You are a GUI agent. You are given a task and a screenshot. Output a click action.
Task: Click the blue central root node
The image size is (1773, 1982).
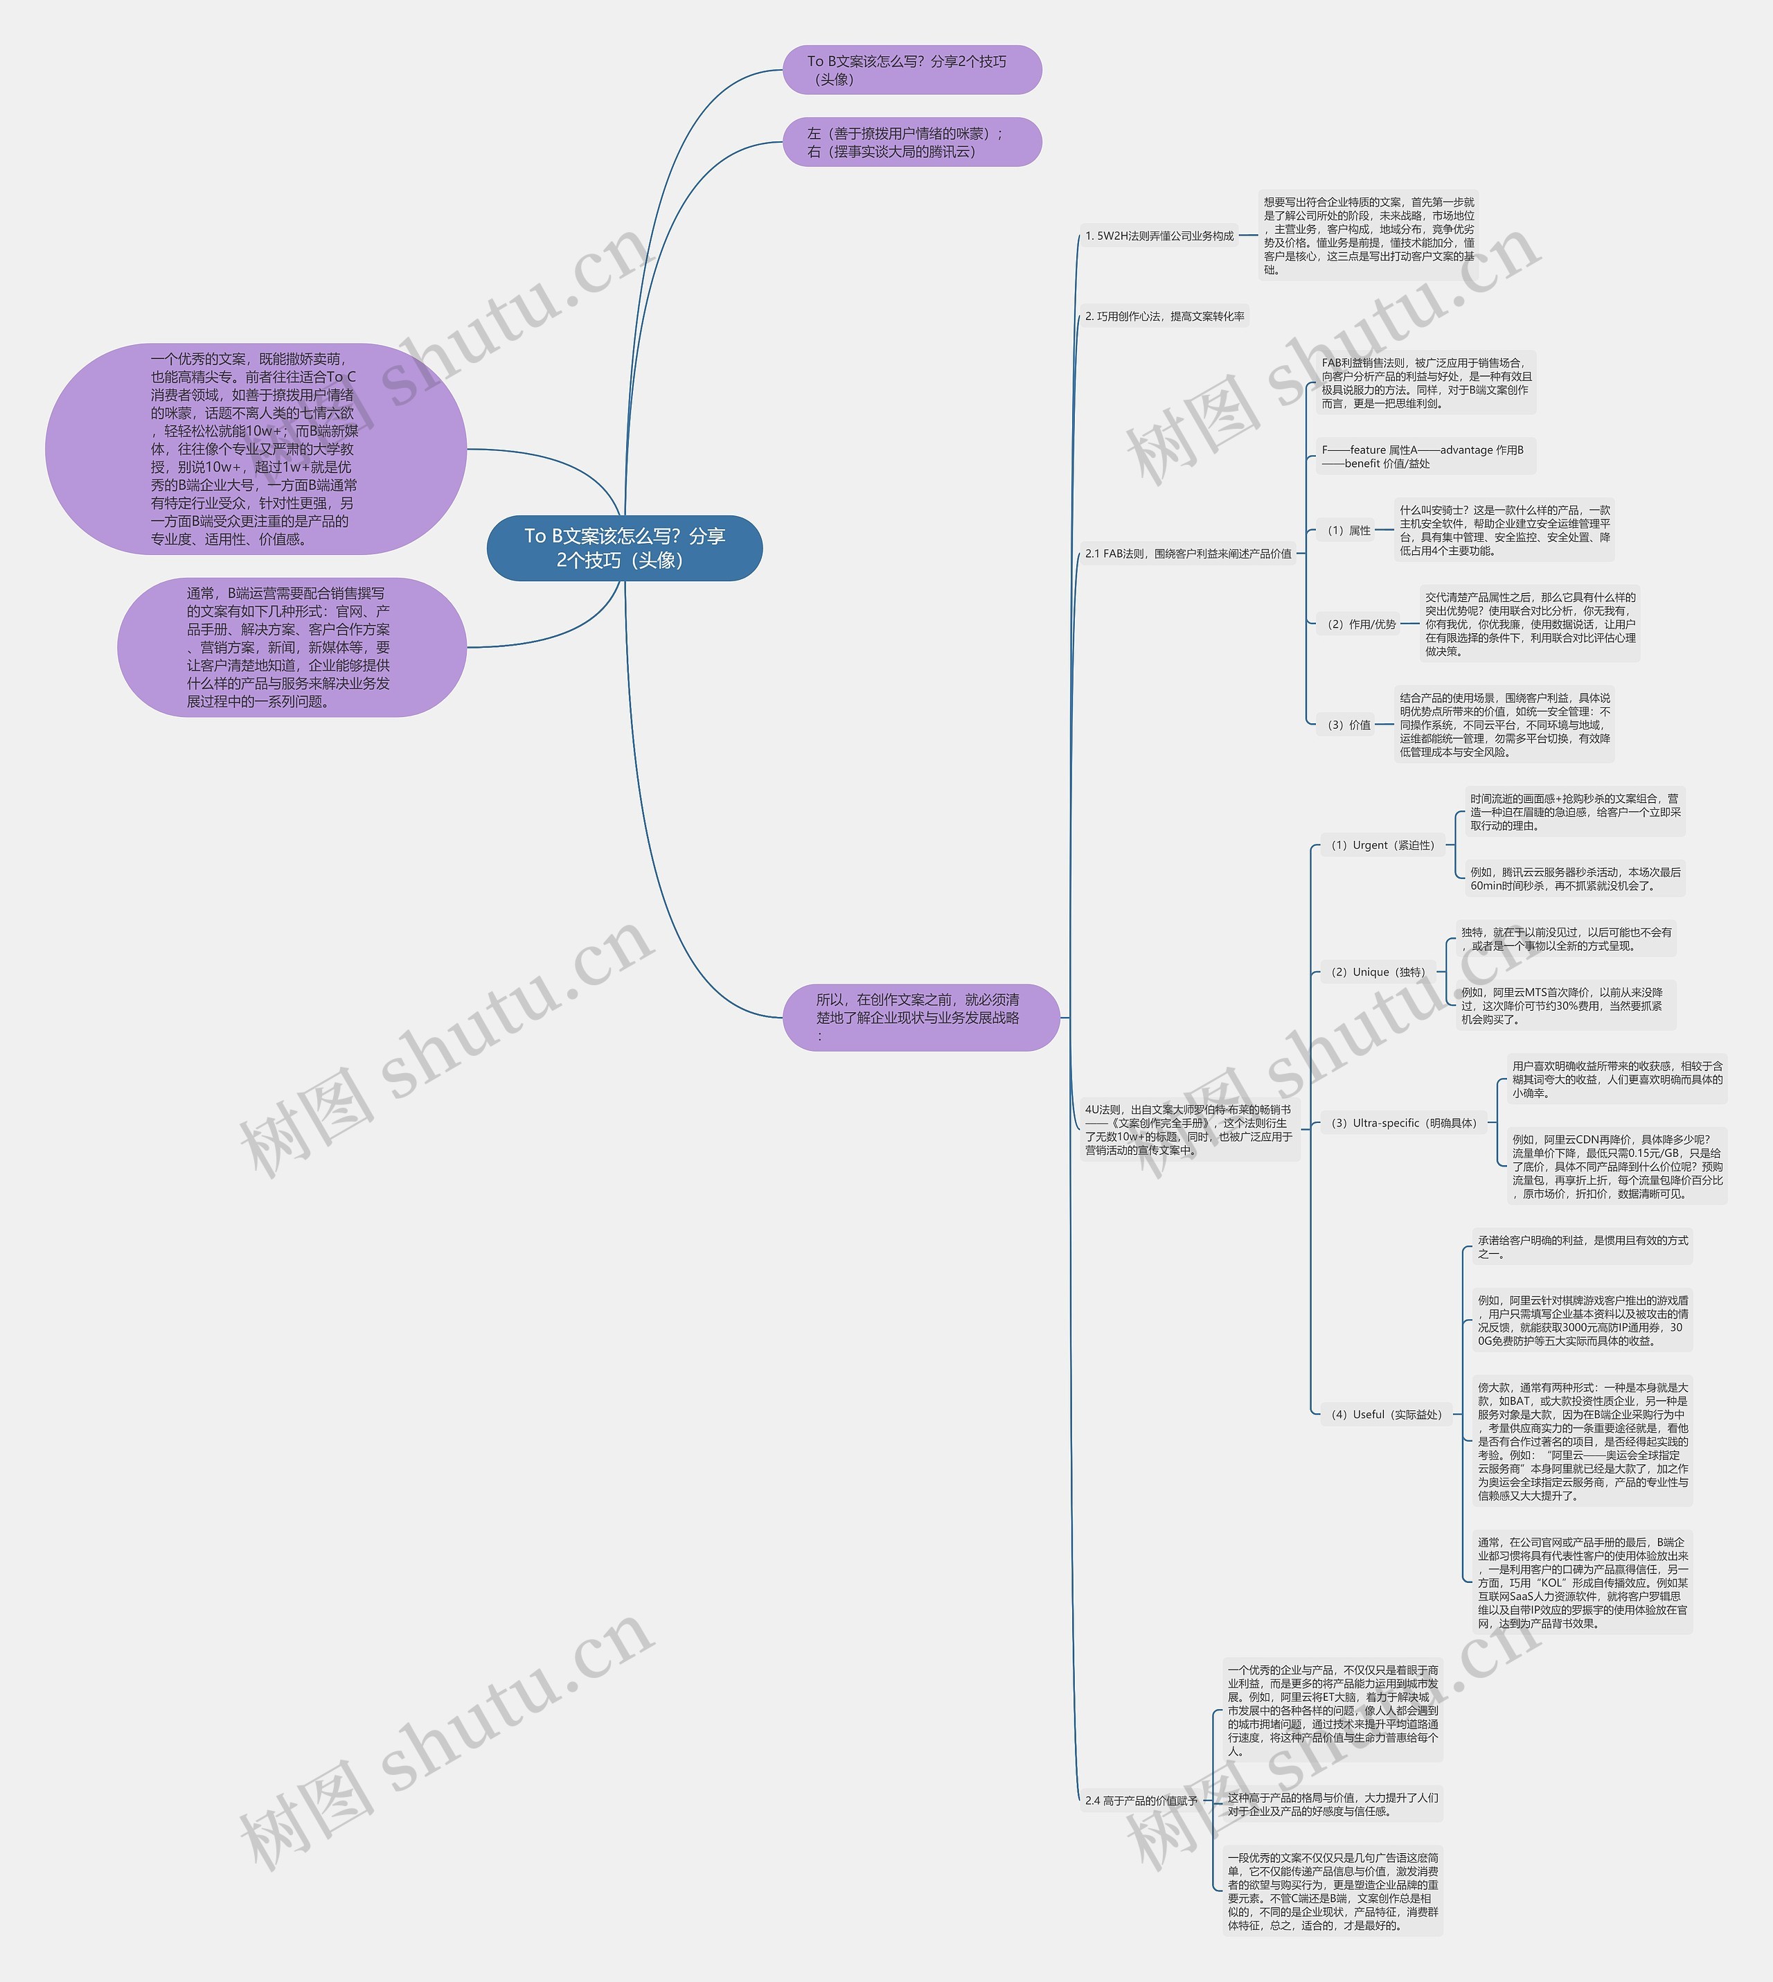point(625,548)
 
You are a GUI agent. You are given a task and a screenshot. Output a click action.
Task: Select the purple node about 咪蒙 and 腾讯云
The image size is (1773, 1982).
point(912,142)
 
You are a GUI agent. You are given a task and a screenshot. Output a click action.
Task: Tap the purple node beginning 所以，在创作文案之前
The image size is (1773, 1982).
point(920,1017)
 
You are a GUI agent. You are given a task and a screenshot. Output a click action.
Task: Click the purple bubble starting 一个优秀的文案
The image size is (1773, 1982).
point(256,449)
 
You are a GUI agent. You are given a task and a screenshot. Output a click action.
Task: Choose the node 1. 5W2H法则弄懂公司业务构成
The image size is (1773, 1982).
point(1159,236)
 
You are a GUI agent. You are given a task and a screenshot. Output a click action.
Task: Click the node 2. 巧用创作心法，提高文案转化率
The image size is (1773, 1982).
point(1164,317)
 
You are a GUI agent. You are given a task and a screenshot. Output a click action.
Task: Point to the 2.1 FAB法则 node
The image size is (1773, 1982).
point(1188,554)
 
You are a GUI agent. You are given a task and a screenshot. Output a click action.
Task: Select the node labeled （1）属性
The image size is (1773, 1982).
point(1348,530)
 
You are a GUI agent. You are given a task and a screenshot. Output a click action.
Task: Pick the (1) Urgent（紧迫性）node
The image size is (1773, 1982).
point(1382,845)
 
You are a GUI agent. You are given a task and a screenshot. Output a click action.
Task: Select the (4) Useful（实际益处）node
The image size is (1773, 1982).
point(1385,1414)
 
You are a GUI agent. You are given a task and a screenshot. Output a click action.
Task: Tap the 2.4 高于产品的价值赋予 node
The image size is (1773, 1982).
point(1141,1800)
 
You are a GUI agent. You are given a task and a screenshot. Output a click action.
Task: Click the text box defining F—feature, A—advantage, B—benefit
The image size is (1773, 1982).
point(1424,456)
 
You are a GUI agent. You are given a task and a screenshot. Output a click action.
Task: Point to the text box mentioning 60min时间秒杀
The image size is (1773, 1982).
point(1574,879)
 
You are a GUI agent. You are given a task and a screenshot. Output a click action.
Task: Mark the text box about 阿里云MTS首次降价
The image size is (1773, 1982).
point(1565,1006)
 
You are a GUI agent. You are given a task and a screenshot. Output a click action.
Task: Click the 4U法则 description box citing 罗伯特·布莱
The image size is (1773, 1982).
point(1188,1129)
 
